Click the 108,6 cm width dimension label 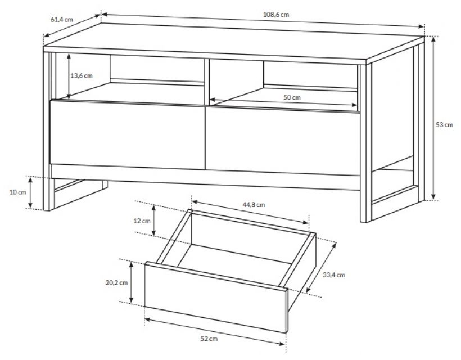click(276, 15)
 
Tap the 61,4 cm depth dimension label click(61, 20)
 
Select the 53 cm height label click(444, 125)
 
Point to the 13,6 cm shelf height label click(82, 75)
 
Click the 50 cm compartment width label click(292, 97)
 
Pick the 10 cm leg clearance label click(18, 192)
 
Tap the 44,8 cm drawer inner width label click(254, 204)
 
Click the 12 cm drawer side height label click(142, 220)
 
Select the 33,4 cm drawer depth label click(334, 275)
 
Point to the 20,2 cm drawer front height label click(117, 282)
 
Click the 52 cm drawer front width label click(209, 339)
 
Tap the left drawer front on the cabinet click(127, 134)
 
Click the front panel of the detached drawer click(215, 297)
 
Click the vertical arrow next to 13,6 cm click(69, 76)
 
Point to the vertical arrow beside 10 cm click(30, 192)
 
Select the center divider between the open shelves click(206, 82)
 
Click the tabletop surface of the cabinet click(234, 43)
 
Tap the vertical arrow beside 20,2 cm click(132, 282)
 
